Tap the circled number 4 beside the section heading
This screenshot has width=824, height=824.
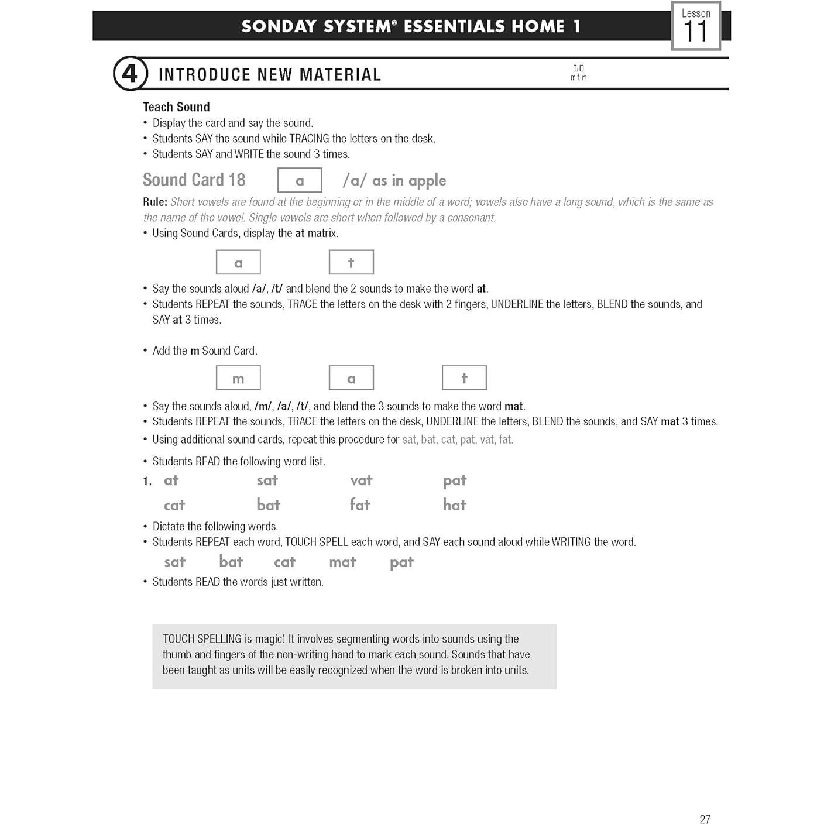129,74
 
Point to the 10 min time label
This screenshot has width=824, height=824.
578,73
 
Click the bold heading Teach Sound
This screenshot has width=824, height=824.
176,107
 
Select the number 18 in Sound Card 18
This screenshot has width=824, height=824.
237,180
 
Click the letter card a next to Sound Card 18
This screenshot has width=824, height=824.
300,180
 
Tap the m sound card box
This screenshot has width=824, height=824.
238,378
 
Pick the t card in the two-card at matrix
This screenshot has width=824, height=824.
351,262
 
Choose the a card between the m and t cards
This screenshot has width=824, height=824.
351,378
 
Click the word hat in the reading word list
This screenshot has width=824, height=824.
454,504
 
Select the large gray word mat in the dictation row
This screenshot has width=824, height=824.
342,562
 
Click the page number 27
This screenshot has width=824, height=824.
705,819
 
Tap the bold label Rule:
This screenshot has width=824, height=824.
155,202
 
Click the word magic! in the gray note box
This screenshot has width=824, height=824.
268,639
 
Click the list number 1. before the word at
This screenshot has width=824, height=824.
147,481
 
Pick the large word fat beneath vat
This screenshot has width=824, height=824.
360,504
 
